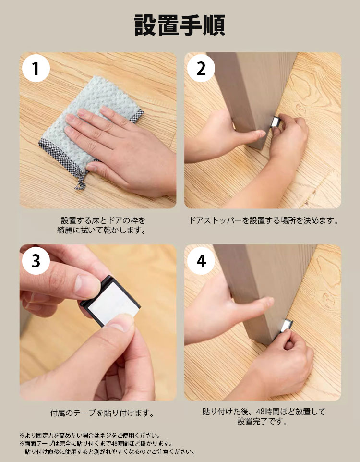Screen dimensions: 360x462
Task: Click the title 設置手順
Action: (180, 25)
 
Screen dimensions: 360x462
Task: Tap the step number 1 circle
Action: (36, 68)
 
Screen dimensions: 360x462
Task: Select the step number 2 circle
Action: (201, 68)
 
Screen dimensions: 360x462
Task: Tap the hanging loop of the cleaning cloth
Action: (81, 182)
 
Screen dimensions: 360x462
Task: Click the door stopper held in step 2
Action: (275, 122)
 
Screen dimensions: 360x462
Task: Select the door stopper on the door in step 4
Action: (286, 326)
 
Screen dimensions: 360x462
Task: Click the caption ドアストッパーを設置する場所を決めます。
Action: (264, 220)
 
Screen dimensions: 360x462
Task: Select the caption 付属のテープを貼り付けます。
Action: (102, 413)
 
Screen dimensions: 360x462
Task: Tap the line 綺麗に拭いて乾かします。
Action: (101, 230)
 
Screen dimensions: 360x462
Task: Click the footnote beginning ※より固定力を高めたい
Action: (90, 435)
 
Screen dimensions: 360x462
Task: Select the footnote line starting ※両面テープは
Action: (96, 443)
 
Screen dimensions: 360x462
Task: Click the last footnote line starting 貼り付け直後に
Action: (109, 452)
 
